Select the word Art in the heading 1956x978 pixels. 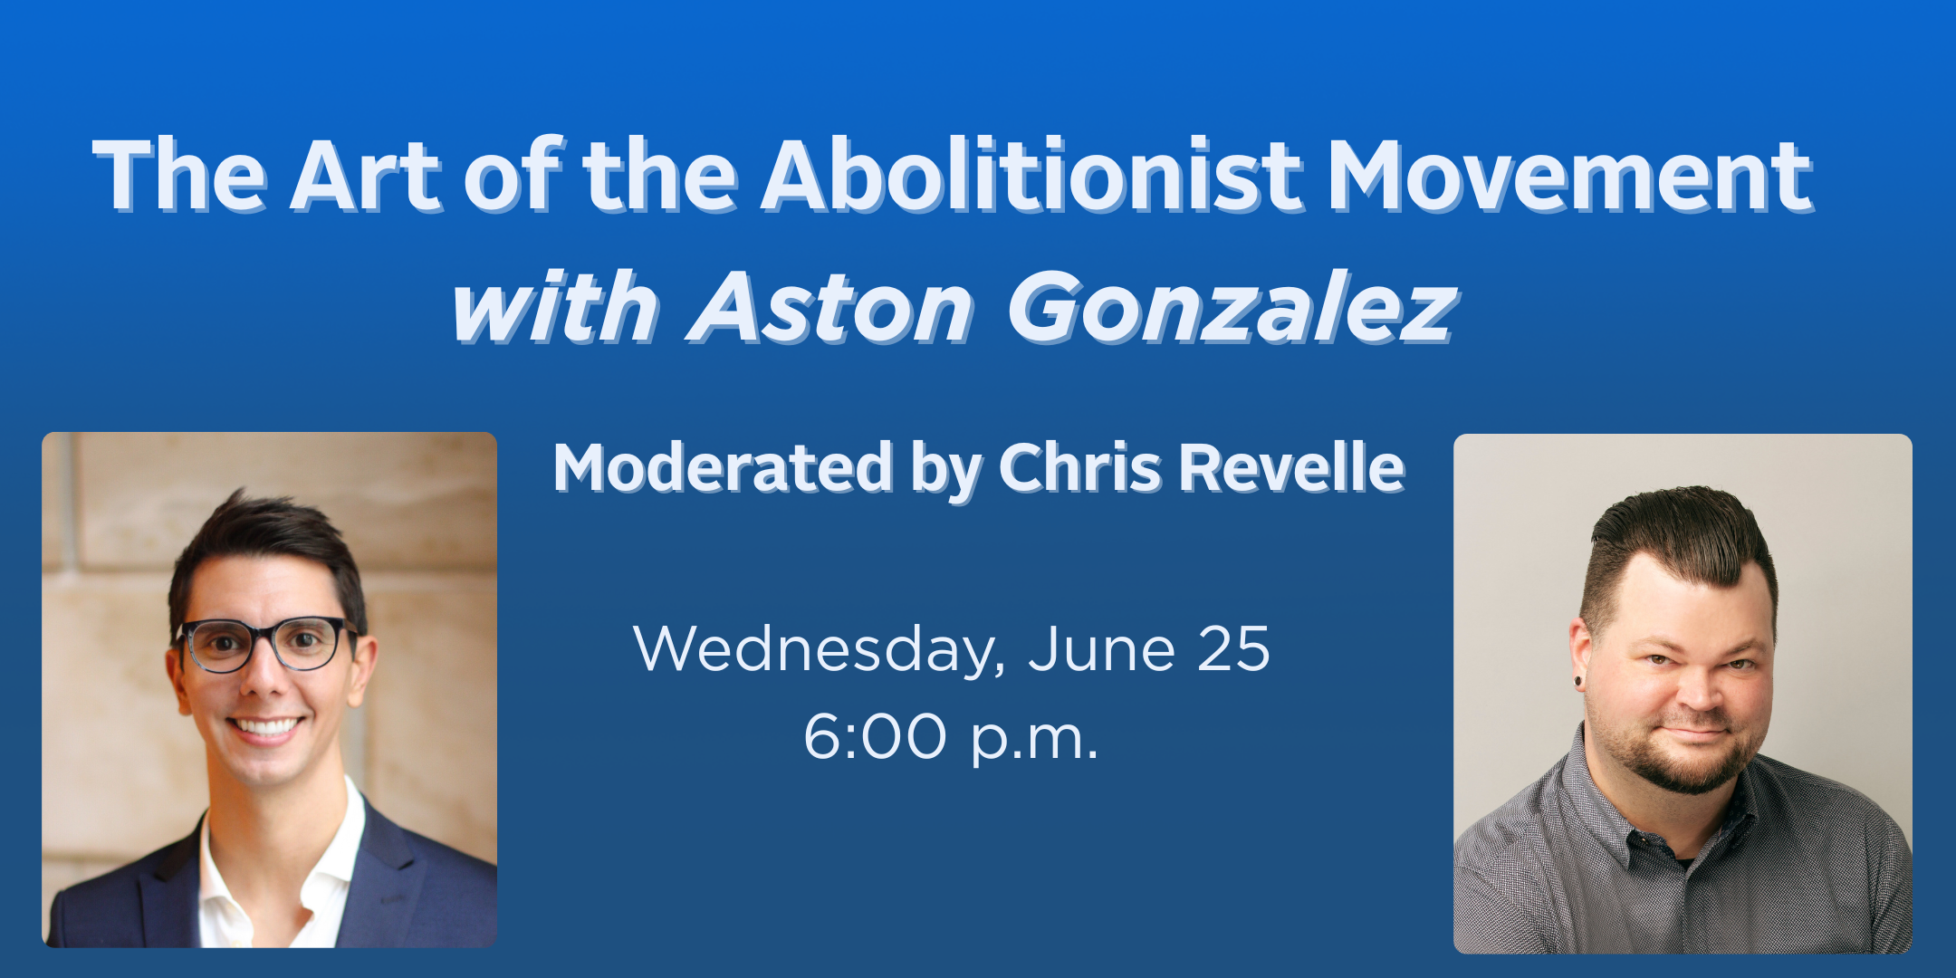tap(367, 177)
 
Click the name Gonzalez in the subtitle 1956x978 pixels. tap(1232, 307)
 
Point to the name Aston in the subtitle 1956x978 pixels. tap(830, 307)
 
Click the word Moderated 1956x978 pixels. tap(724, 467)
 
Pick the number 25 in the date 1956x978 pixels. tap(1233, 648)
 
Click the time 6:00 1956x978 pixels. tap(875, 736)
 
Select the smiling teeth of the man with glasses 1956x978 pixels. tap(266, 725)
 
